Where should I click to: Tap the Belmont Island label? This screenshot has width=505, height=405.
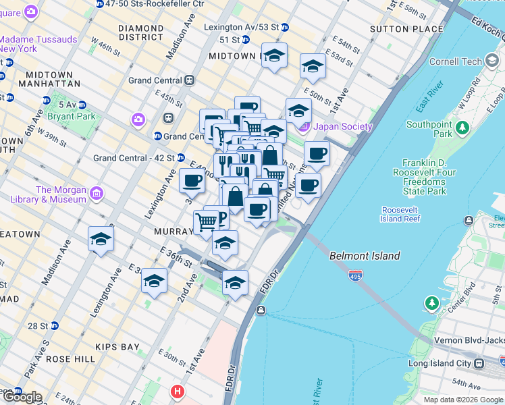365,256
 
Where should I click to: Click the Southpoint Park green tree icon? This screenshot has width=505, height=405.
462,128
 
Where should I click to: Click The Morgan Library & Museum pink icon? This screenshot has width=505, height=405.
97,194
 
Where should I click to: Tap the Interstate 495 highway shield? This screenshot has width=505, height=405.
354,275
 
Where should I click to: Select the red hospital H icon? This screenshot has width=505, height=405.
177,391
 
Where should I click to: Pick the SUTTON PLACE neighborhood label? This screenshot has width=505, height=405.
406,29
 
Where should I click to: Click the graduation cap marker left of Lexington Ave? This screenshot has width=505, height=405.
101,239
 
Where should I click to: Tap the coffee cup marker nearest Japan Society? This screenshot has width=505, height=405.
317,153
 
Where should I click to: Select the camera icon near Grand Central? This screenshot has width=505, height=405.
138,119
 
